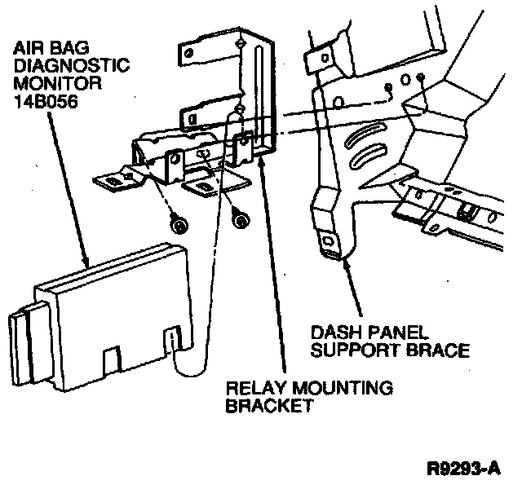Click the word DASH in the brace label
pos(335,333)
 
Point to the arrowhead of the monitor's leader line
pos(87,263)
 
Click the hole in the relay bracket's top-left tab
pos(189,54)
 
